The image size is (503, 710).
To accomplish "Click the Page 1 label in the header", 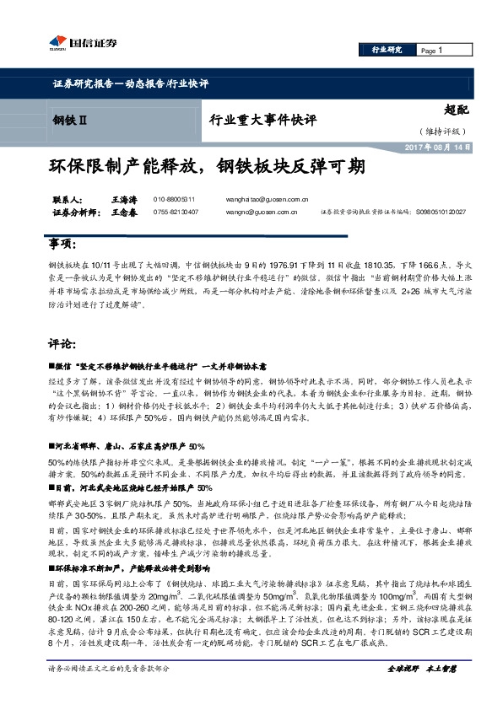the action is tap(431, 51).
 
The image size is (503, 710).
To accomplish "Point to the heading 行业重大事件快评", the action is tap(262, 120).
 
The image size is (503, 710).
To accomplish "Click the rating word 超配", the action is tap(456, 109).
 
